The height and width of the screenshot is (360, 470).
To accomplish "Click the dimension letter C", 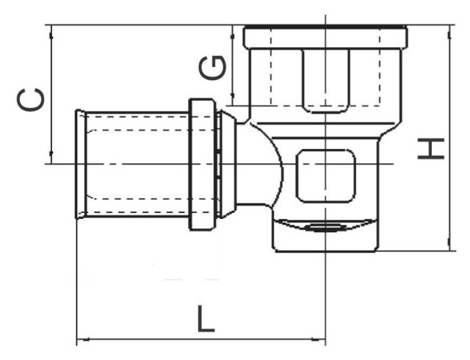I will (x=32, y=98).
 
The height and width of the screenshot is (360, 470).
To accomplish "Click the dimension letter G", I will (x=212, y=68).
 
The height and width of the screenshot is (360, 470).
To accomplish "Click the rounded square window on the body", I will (x=325, y=176).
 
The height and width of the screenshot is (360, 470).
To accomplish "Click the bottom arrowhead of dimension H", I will (x=449, y=246).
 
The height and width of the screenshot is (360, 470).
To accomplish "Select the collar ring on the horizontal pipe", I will (x=202, y=165).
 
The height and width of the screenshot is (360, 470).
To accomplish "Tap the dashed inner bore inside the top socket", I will (x=325, y=73).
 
